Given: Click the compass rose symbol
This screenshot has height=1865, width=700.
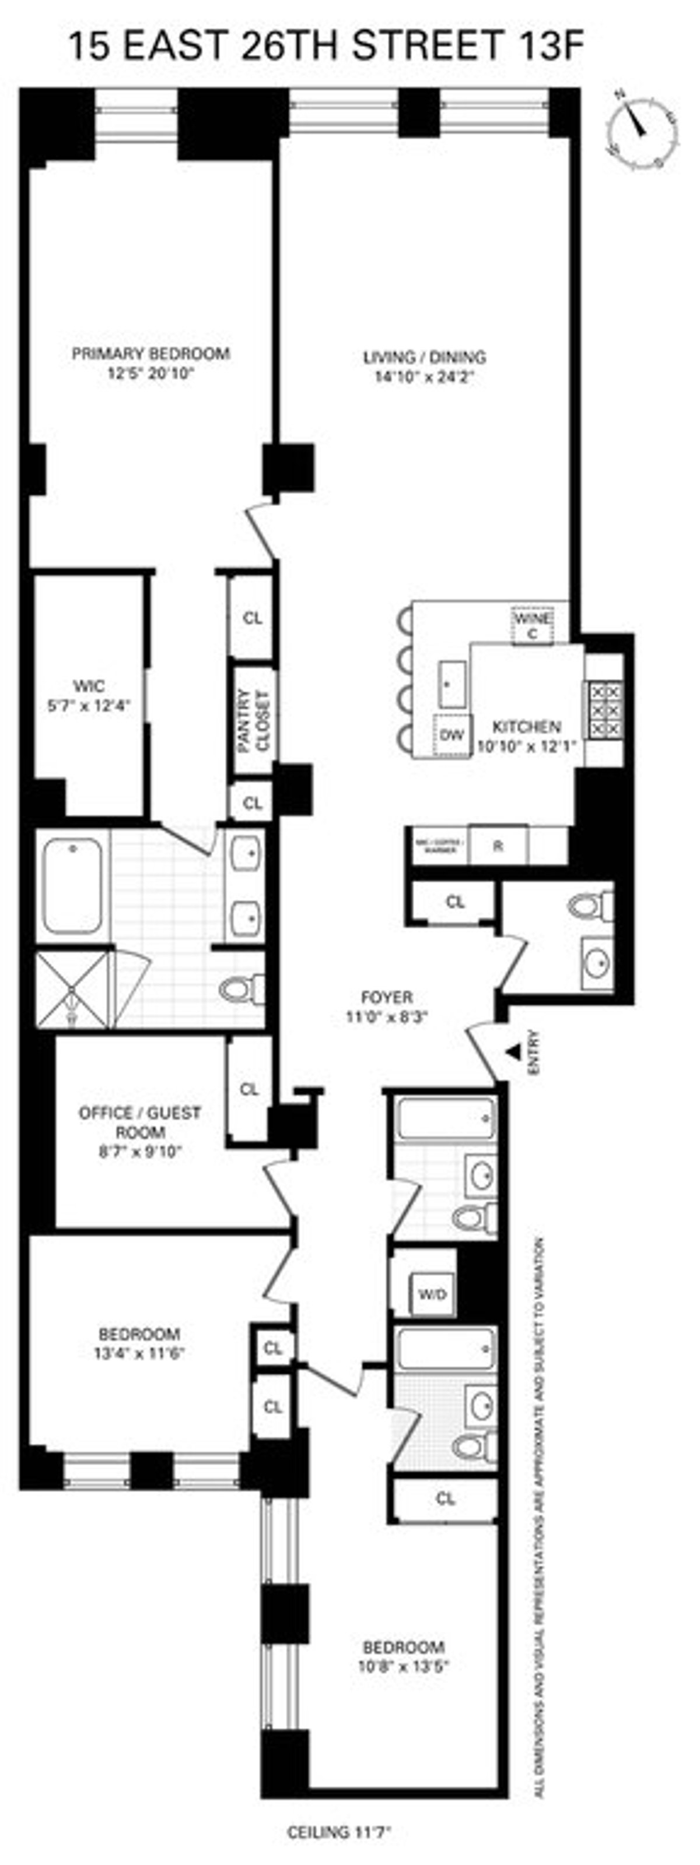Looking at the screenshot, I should point(642,129).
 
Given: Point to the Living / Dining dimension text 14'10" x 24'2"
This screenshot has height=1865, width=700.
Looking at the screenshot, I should point(424,376).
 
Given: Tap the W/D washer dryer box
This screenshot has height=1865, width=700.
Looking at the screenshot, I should point(433,1294).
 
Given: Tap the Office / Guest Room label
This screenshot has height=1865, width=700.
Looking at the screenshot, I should point(140,1113).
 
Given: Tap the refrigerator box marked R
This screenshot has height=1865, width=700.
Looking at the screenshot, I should point(498,846).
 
